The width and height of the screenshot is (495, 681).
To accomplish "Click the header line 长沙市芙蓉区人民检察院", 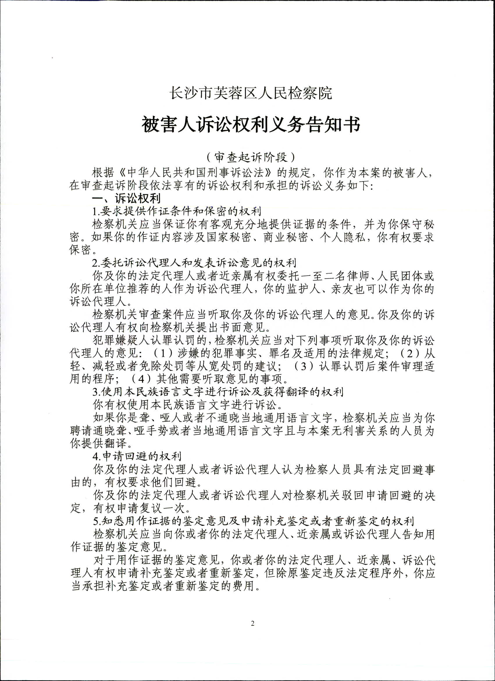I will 251,93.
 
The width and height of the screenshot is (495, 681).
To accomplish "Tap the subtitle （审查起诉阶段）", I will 251,157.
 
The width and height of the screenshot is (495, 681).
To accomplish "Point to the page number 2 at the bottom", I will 252,624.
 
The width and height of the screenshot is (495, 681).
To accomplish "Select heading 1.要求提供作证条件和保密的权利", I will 177,211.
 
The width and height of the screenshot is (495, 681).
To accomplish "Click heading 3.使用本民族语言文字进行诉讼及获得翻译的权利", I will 218,392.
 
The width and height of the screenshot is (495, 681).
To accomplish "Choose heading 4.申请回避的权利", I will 137,456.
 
